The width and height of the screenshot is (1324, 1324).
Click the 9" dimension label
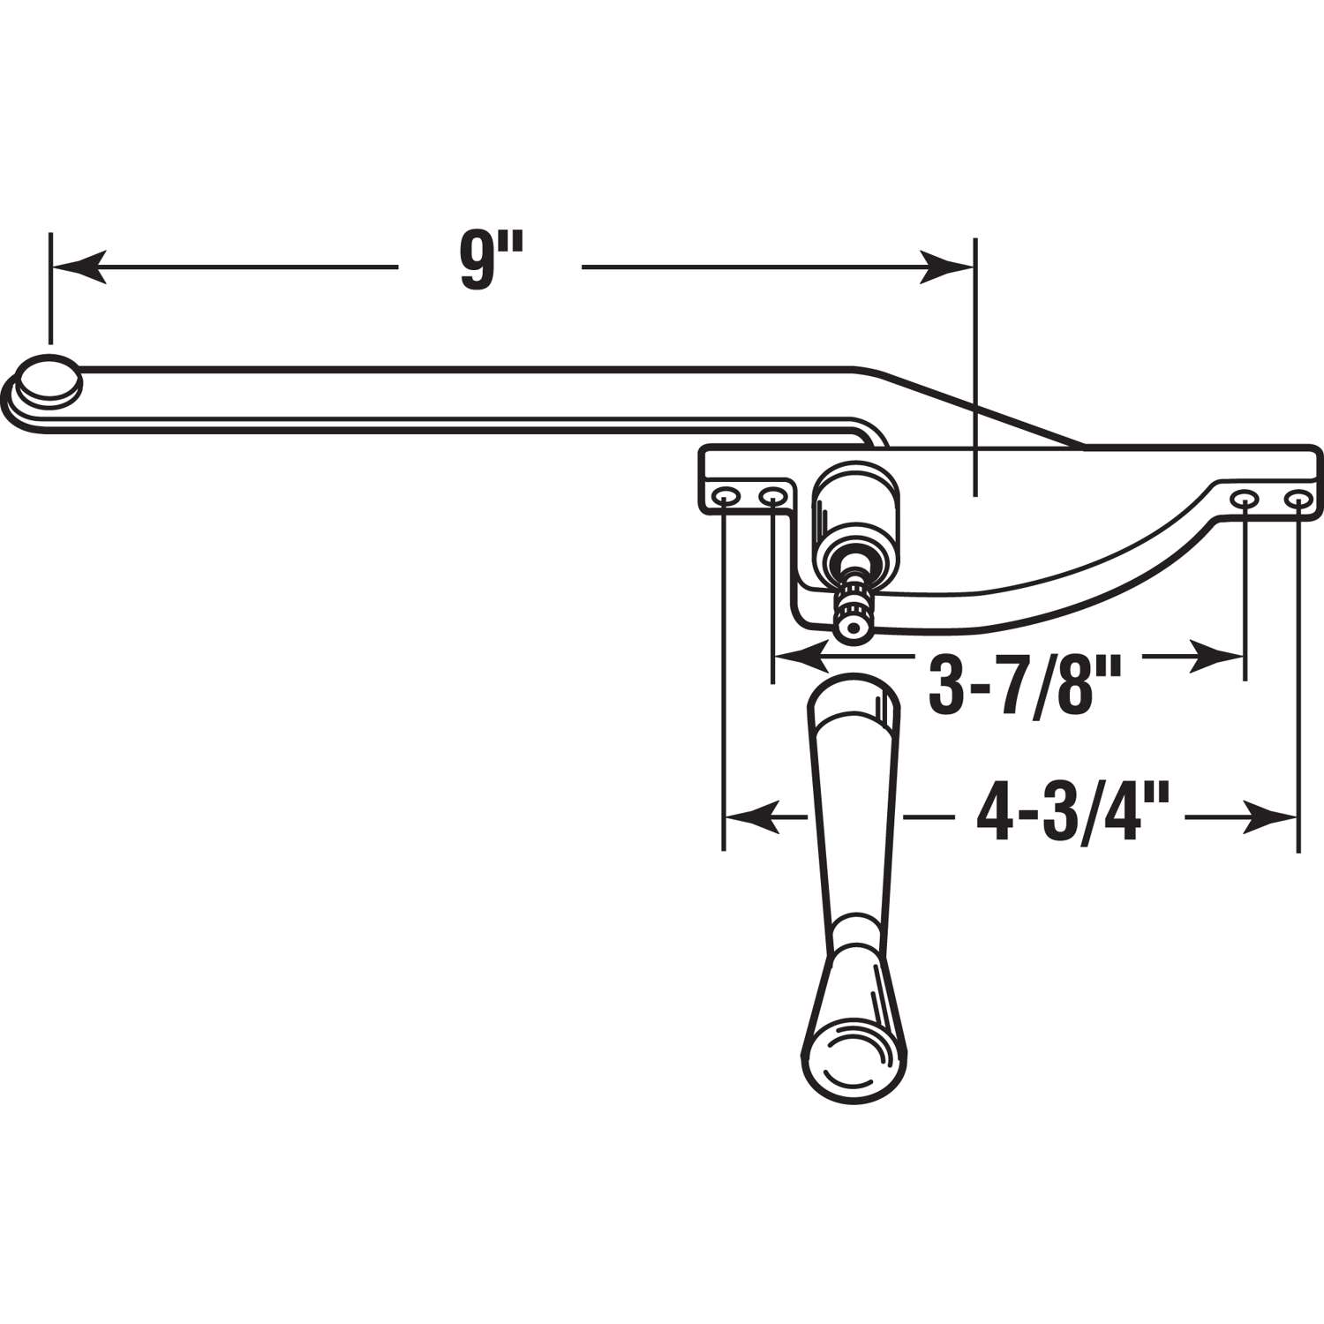click(x=490, y=262)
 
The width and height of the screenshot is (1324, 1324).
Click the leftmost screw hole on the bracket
click(x=726, y=498)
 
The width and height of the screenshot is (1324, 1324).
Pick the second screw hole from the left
click(x=772, y=498)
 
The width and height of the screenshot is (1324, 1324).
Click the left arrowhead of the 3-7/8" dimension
click(x=799, y=656)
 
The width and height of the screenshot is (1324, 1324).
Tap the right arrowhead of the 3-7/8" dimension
click(x=1218, y=656)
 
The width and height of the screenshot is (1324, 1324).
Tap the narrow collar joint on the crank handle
click(x=852, y=931)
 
